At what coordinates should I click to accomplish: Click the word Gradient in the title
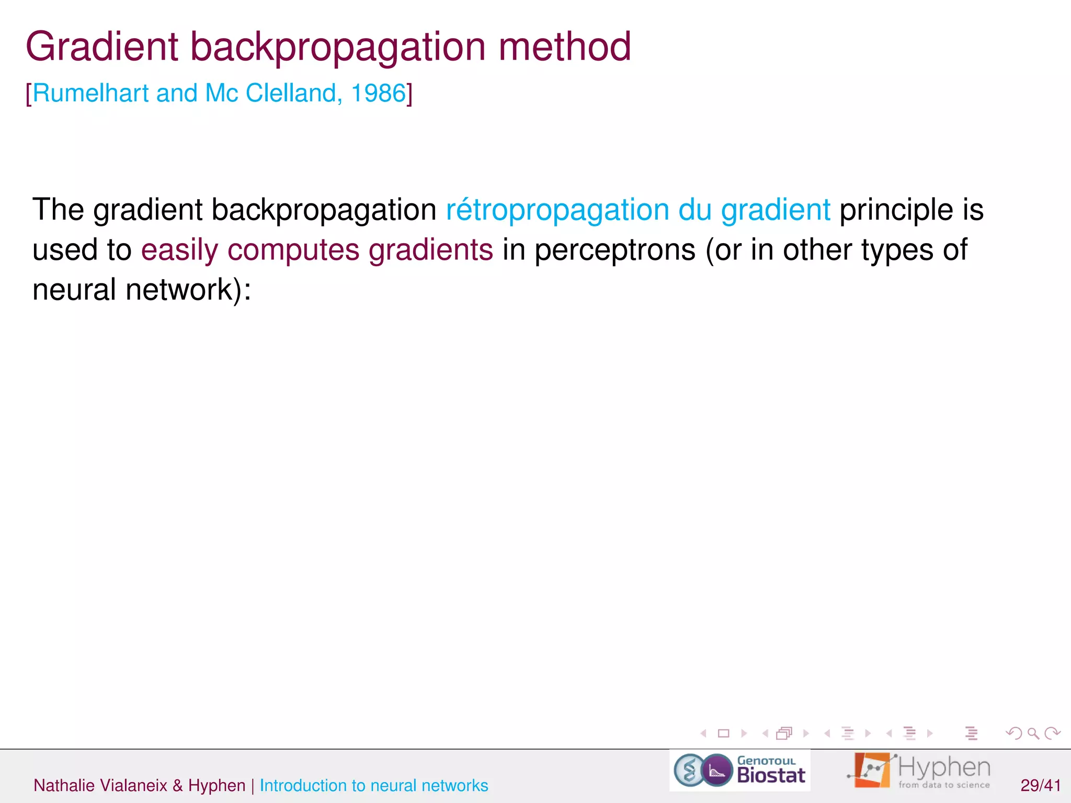click(102, 47)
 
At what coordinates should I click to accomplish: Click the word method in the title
click(565, 47)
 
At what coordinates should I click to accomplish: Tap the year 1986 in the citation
click(378, 94)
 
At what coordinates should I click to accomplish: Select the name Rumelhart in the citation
click(91, 94)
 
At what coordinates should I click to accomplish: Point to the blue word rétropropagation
click(557, 210)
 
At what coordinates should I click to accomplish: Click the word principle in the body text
click(896, 210)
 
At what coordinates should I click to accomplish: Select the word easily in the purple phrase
click(179, 250)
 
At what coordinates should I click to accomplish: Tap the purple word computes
click(293, 250)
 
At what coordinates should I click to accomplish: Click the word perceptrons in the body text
click(615, 250)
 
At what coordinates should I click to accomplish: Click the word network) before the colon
click(183, 290)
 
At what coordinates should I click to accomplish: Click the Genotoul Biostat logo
click(739, 771)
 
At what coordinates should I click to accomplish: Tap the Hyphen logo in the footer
click(919, 771)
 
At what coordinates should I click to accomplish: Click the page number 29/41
click(1040, 785)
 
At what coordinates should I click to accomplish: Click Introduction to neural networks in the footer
click(373, 785)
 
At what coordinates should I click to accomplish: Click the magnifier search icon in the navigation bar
click(1033, 733)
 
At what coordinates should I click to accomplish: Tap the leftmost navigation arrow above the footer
click(704, 733)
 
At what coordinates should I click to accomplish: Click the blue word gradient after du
click(775, 210)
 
